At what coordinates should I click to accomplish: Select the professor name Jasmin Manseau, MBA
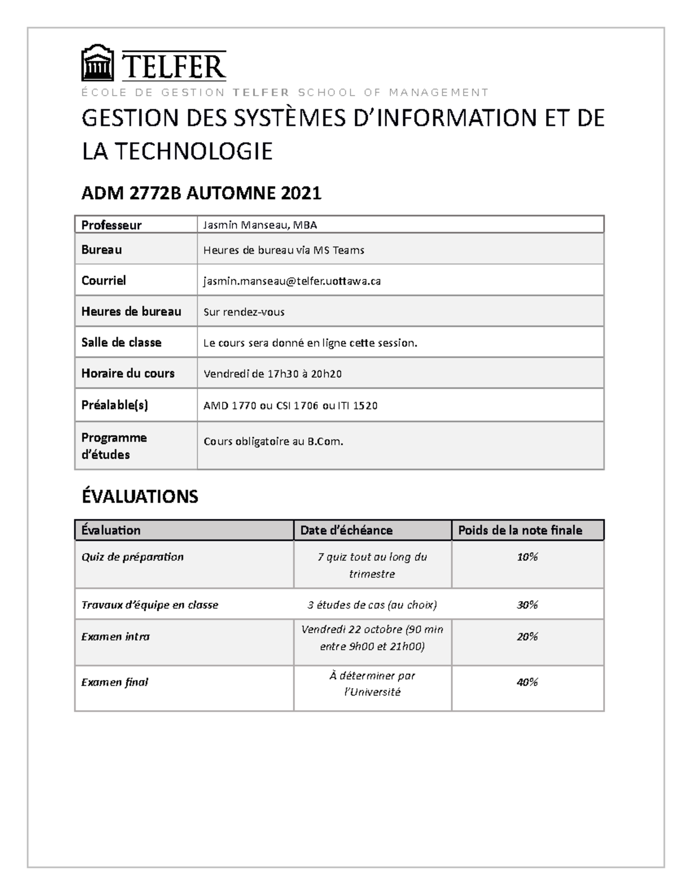pos(259,225)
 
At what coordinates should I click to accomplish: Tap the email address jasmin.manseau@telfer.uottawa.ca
pos(292,281)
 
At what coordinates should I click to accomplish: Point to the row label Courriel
pos(103,281)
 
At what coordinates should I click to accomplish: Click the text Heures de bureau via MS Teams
pos(284,250)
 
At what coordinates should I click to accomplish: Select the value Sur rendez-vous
pos(244,312)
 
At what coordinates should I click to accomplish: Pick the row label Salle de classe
pos(121,342)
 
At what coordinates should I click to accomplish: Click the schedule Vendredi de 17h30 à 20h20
pos(273,373)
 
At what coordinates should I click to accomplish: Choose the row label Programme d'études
pos(114,445)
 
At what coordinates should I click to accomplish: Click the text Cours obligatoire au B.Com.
pos(273,441)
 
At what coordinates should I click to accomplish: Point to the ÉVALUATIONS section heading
pos(140,496)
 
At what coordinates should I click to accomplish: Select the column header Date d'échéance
pos(346,530)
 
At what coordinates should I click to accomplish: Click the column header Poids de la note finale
pos(520,530)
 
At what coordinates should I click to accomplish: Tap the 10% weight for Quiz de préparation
pos(527,557)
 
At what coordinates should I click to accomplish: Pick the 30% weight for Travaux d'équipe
pos(527,605)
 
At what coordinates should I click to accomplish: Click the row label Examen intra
pos(115,636)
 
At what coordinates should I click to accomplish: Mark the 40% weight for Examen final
pos(527,682)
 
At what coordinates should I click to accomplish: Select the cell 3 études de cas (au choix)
pos(372,605)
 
